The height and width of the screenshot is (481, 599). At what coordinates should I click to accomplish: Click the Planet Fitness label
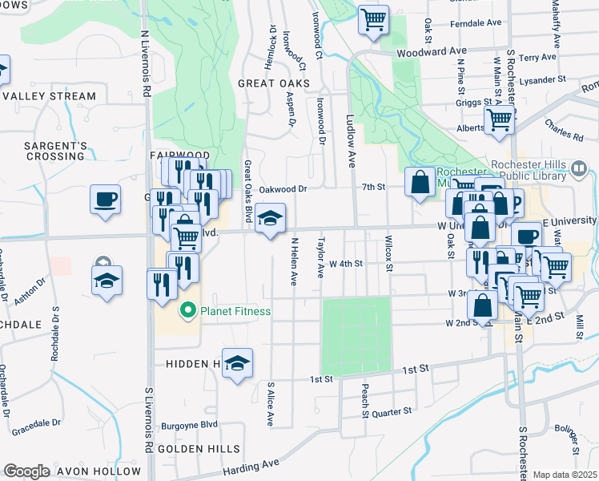point(235,311)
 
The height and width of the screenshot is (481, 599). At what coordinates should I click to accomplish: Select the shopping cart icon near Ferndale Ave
point(373,19)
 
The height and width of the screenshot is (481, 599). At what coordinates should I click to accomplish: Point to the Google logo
point(26,471)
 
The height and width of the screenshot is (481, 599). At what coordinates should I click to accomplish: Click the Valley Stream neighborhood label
point(49,96)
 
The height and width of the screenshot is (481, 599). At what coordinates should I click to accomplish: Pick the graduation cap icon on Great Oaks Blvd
point(271,218)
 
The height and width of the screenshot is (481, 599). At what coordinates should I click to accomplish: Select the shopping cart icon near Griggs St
point(499,119)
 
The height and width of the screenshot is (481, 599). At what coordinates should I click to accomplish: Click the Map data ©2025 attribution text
point(565,475)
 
